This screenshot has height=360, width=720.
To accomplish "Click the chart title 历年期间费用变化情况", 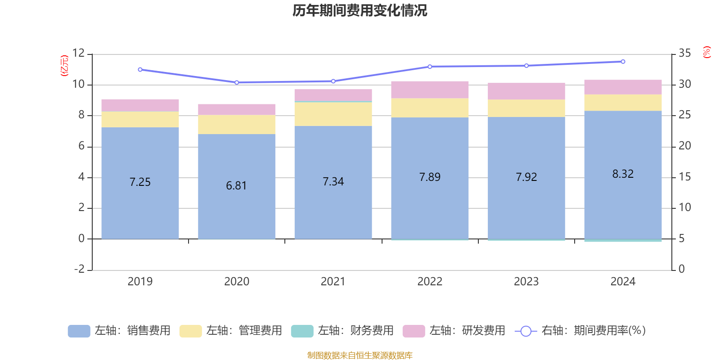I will click(x=360, y=10).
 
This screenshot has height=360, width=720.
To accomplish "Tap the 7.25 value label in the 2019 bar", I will click(x=140, y=182).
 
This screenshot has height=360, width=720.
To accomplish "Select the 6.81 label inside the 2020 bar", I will click(x=236, y=186).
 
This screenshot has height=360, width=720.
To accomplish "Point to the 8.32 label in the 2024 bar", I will click(x=623, y=174).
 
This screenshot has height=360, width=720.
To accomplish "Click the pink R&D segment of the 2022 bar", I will click(x=430, y=90).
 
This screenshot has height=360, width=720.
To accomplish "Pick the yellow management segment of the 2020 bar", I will click(x=237, y=125).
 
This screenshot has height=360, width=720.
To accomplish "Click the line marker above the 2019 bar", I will click(x=140, y=70).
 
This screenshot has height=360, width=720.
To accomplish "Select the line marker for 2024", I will click(x=623, y=62).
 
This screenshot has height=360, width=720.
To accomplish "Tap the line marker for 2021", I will click(x=333, y=81).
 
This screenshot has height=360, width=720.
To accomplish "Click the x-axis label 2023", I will click(x=526, y=282).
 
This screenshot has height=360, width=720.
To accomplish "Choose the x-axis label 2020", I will click(x=237, y=282).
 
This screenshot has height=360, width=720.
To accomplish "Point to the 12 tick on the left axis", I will click(x=79, y=54).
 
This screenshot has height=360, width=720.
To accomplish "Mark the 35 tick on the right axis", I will click(x=684, y=54).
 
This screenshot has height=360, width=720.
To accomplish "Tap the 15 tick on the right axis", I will click(x=684, y=177).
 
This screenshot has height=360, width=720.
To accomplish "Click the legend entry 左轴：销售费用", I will click(x=120, y=331).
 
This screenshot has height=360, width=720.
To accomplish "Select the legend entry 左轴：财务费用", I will click(x=343, y=331).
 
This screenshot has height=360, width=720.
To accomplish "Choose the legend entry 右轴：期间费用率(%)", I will click(x=580, y=331).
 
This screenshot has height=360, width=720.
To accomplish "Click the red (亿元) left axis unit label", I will click(x=64, y=66).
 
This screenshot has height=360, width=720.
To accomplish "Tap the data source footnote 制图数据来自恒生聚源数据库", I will click(x=360, y=355).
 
